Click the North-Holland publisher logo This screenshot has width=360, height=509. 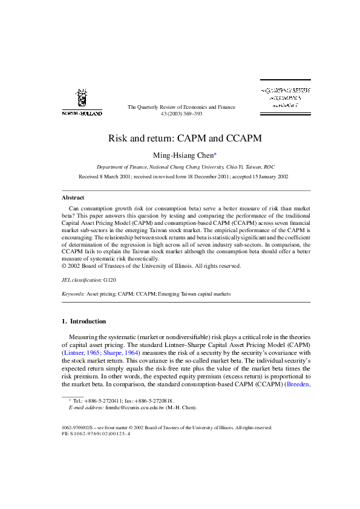click(x=82, y=101)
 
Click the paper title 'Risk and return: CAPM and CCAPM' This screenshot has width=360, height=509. click(x=185, y=138)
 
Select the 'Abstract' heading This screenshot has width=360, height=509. click(x=73, y=197)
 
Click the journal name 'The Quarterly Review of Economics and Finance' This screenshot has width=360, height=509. click(x=181, y=107)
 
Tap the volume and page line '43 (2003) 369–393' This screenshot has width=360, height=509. click(x=181, y=114)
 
